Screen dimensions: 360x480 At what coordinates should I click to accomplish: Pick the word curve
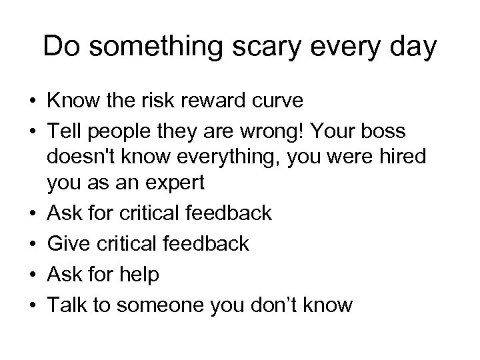[280, 101]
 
